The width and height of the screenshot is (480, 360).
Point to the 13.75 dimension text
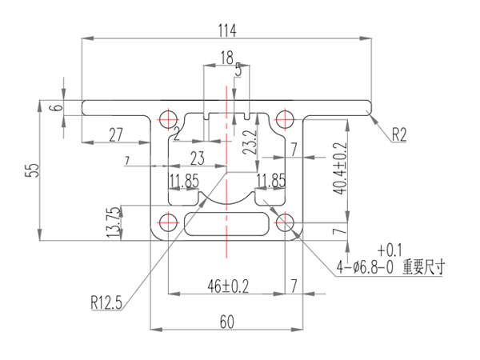(x=113, y=222)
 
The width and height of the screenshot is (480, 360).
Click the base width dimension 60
(x=227, y=322)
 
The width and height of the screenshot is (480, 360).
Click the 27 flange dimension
(x=115, y=134)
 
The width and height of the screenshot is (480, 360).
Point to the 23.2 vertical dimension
(x=249, y=142)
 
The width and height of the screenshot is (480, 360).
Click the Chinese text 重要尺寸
(x=424, y=268)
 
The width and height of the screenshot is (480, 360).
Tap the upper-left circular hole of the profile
(x=169, y=118)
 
